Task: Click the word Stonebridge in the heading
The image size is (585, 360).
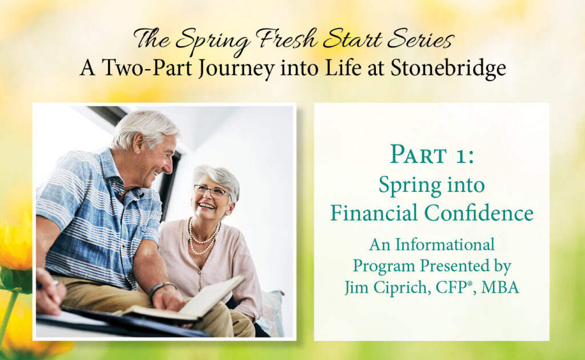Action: pyautogui.click(x=448, y=68)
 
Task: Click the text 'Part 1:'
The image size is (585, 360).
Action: pyautogui.click(x=432, y=155)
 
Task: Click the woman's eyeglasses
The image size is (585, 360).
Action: pyautogui.click(x=210, y=190)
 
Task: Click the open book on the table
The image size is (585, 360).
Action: pyautogui.click(x=189, y=301)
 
